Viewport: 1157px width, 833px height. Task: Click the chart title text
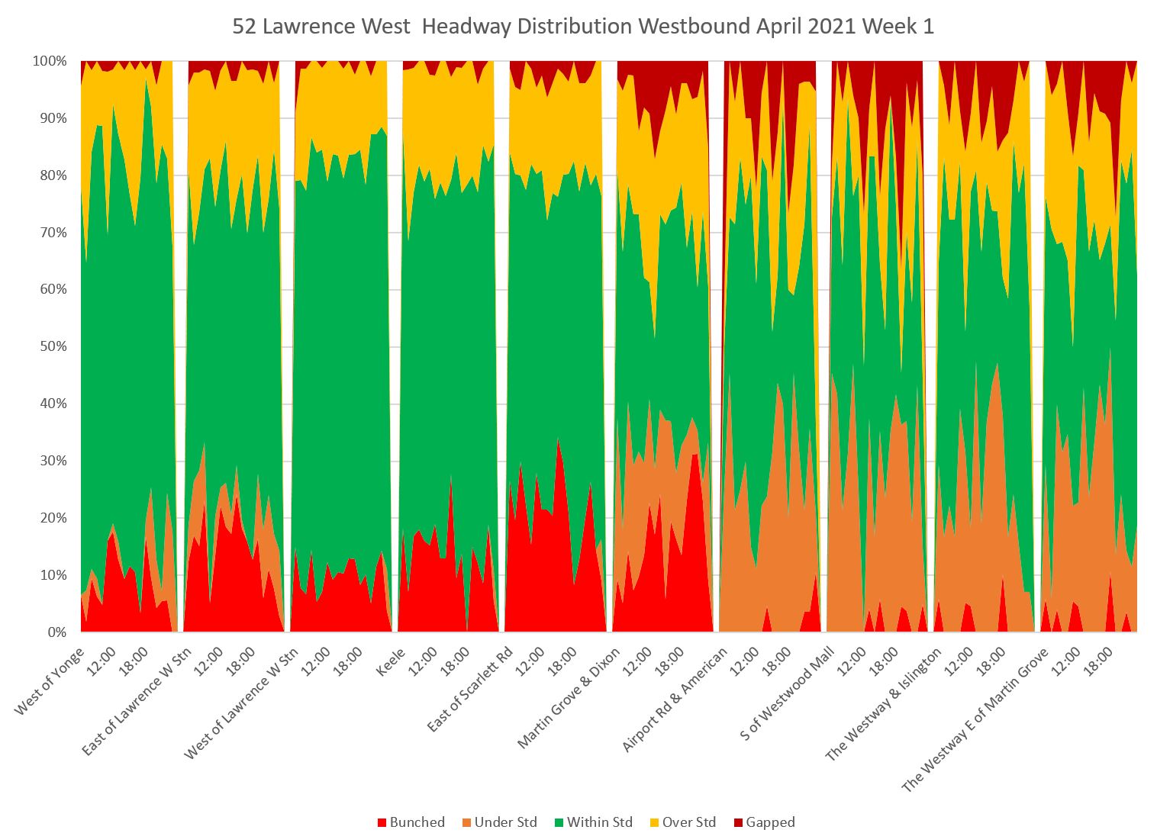[583, 27]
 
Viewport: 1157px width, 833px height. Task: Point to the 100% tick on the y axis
[50, 61]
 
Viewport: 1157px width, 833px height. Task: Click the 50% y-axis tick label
[53, 346]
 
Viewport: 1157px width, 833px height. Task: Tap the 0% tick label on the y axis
[56, 632]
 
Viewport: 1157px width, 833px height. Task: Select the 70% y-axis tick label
[53, 233]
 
